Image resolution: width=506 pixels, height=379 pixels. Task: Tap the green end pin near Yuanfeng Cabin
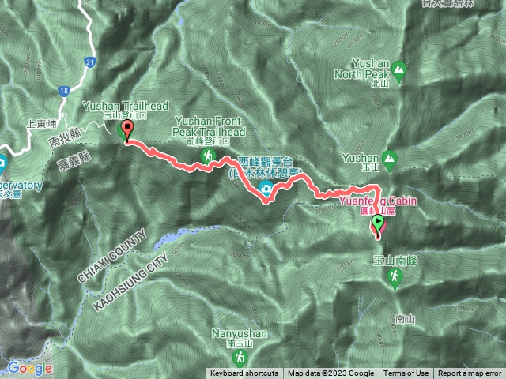[x=378, y=225]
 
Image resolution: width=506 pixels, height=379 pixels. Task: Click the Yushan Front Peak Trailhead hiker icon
[x=208, y=157]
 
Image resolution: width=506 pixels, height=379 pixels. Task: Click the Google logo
[x=30, y=368]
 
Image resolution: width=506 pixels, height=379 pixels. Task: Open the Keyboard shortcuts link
[x=244, y=373]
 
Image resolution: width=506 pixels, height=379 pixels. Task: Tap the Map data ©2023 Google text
[x=330, y=373]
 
